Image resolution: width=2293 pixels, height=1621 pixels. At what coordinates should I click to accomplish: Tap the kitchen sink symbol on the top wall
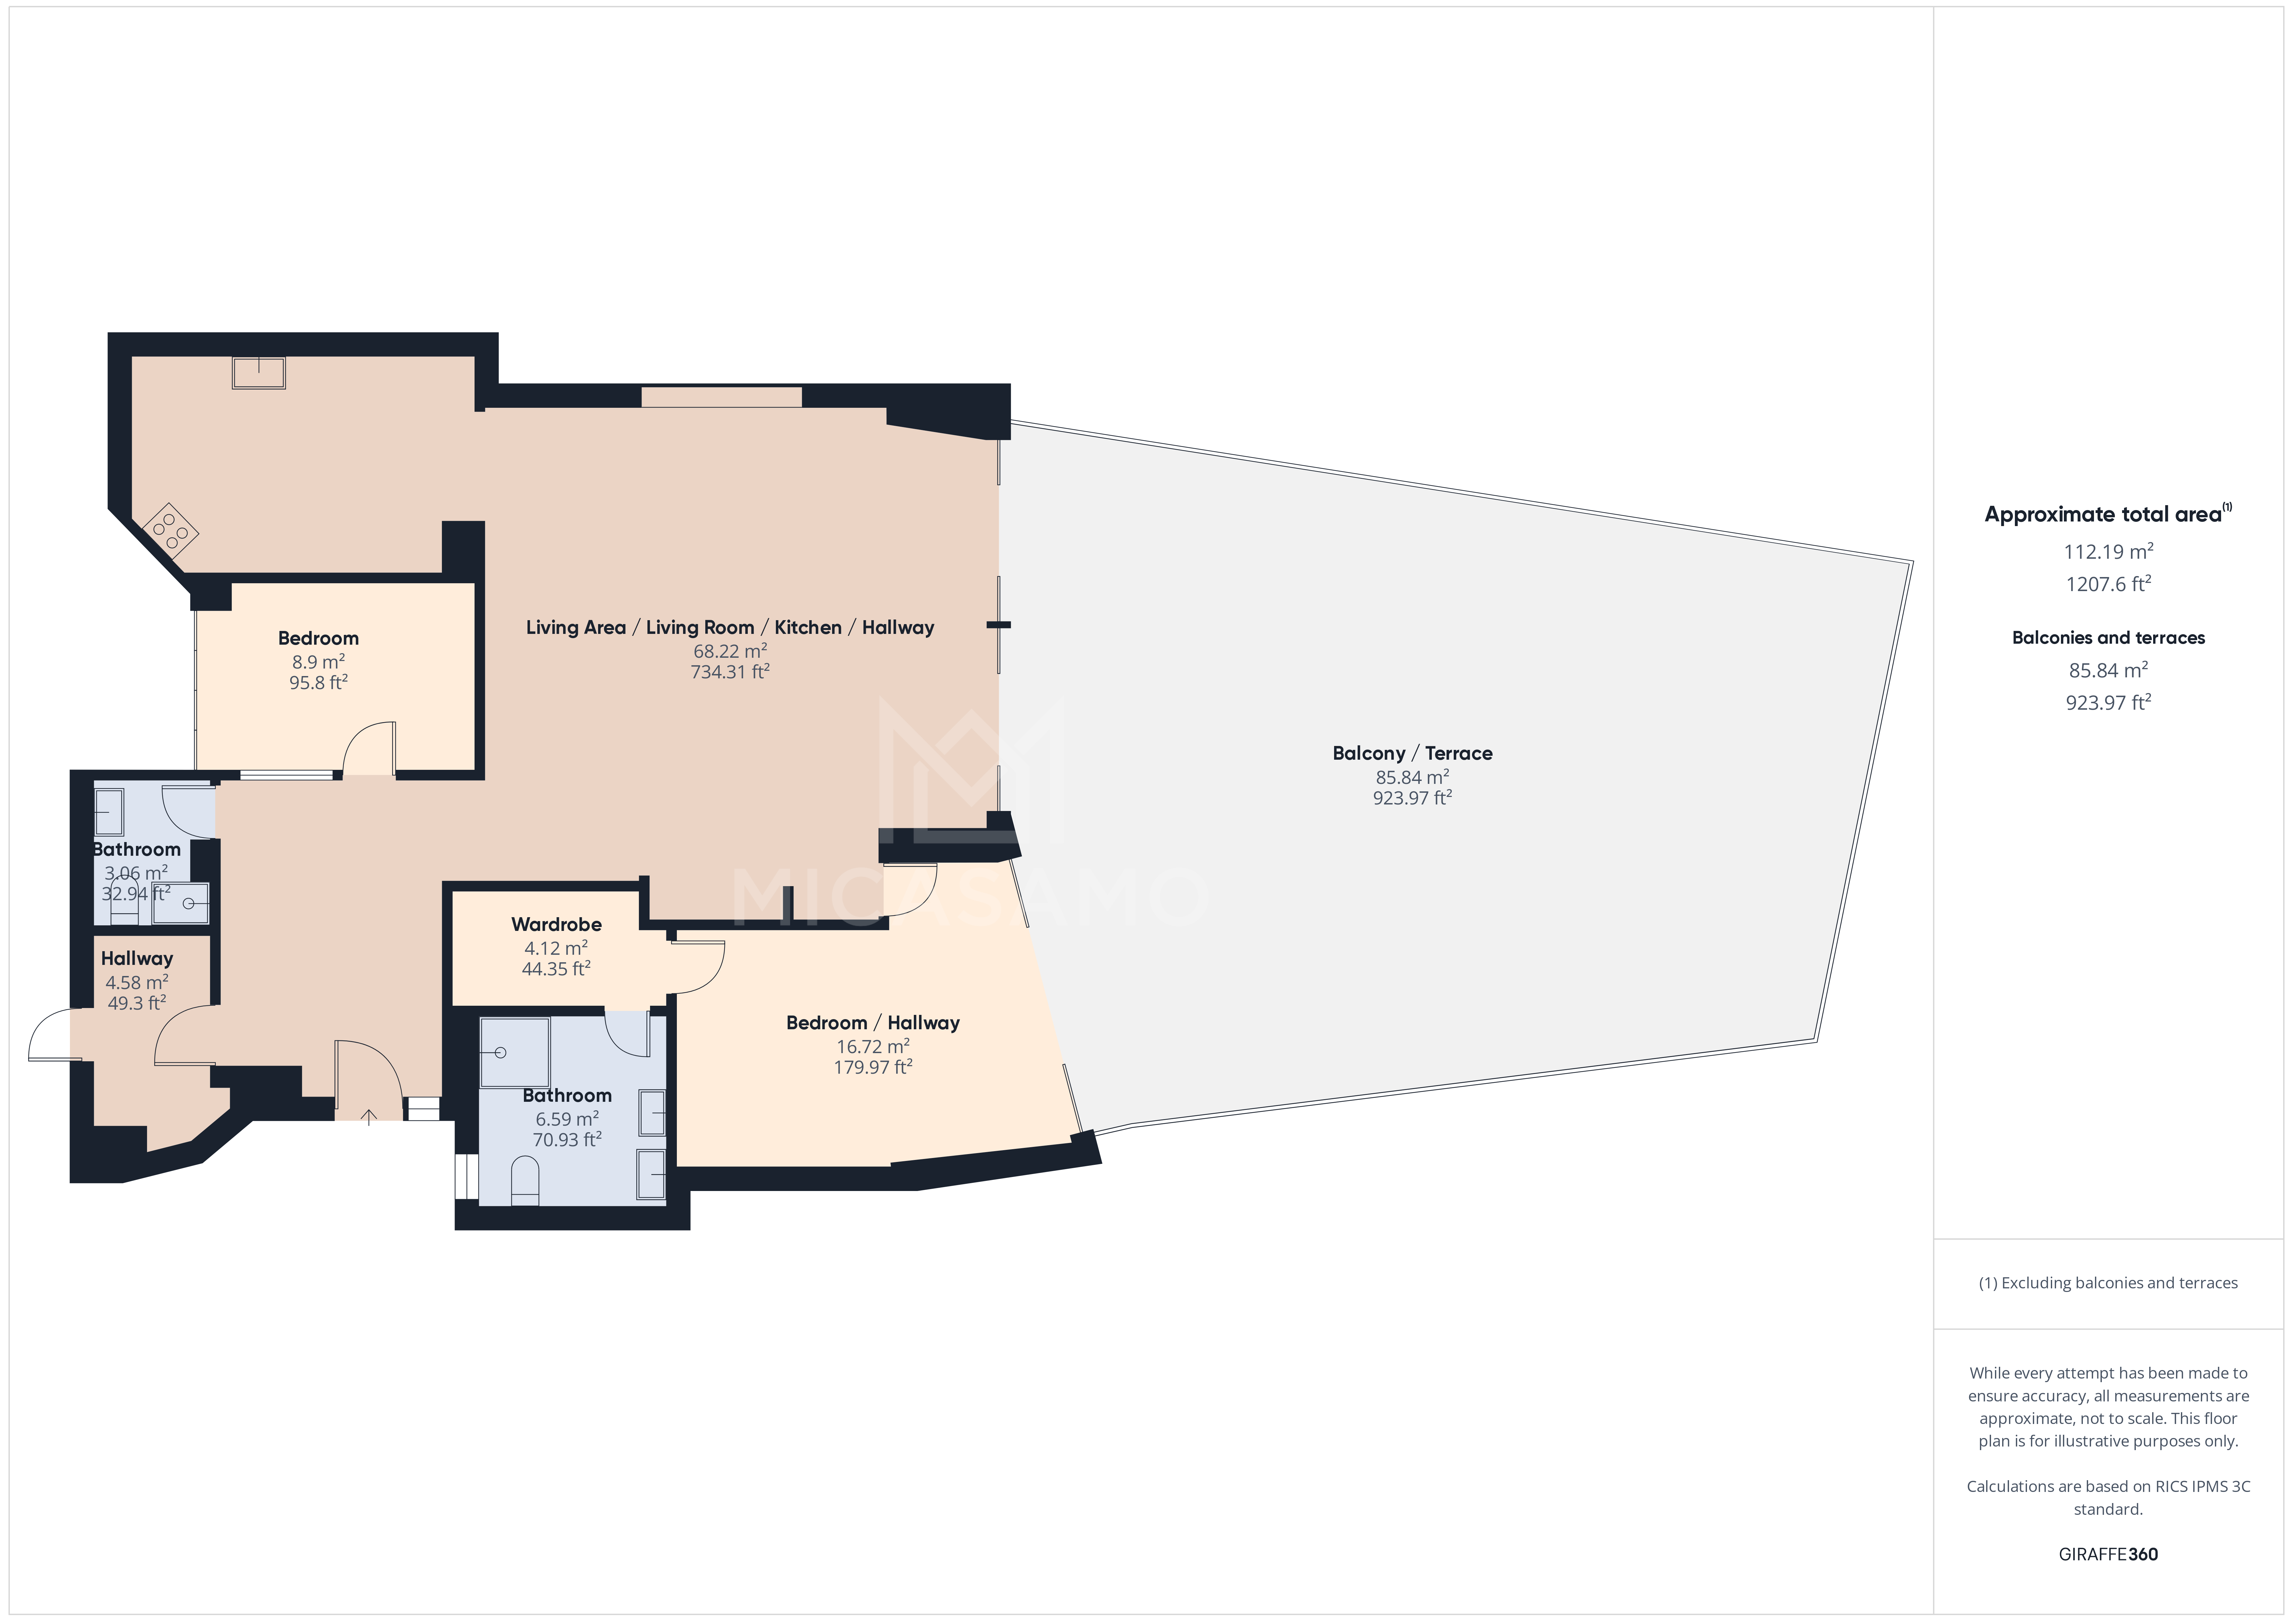pos(259,372)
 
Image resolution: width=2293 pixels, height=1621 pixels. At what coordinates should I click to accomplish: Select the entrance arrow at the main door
pos(369,1117)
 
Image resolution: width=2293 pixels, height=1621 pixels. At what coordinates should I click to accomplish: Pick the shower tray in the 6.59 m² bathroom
pos(514,1052)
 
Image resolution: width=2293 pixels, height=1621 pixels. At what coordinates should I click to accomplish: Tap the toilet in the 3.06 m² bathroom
pos(124,899)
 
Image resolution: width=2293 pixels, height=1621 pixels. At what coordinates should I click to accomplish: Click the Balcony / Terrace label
pos(1411,753)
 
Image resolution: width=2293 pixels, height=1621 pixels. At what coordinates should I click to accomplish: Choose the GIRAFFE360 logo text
pos(2107,1554)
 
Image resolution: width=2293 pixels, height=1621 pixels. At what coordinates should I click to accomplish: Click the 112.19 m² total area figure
pos(2107,551)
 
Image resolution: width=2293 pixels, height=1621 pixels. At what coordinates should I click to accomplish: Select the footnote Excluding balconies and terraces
pos(2107,1282)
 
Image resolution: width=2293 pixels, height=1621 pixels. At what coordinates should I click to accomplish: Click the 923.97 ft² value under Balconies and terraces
pos(2107,702)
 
